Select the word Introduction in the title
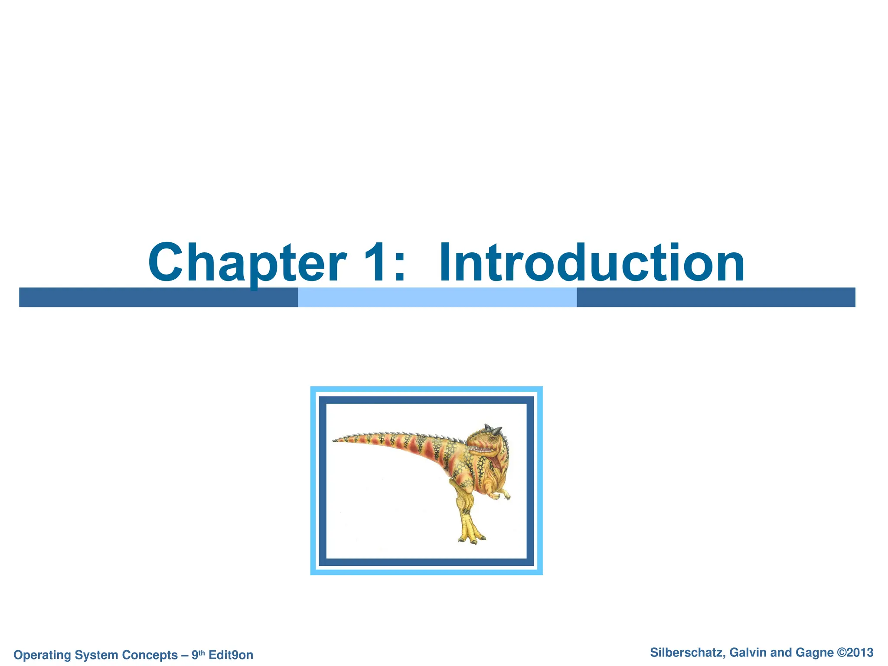[x=591, y=262]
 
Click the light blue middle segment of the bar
[x=437, y=297]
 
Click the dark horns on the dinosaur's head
[x=493, y=429]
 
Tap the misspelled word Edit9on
[x=231, y=655]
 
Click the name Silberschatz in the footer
[x=687, y=653]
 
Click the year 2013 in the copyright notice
[x=860, y=653]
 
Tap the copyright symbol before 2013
[x=842, y=653]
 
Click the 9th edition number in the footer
[x=198, y=654]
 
